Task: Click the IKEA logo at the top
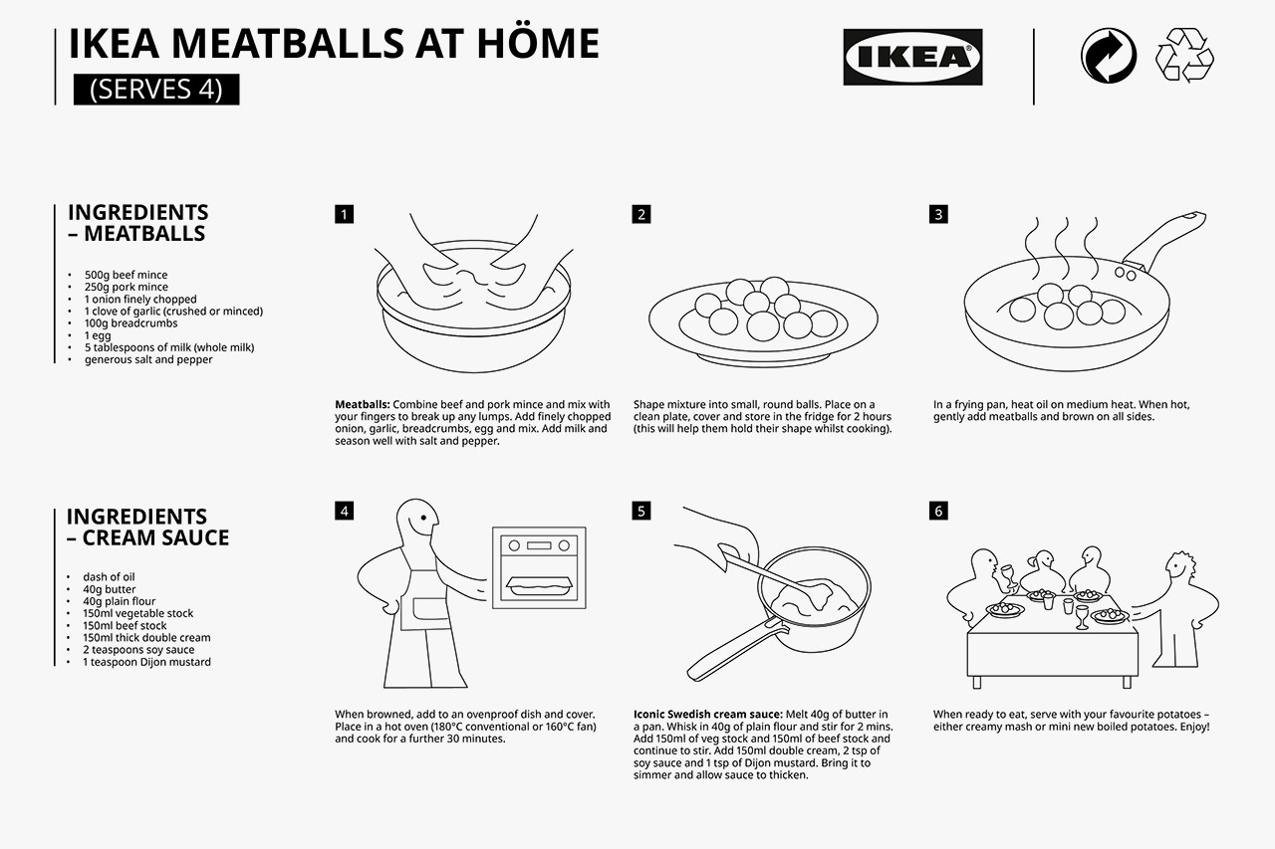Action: (912, 57)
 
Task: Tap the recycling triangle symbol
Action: (1183, 56)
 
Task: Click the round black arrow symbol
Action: (1108, 56)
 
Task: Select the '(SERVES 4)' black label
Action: (156, 90)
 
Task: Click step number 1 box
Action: (344, 214)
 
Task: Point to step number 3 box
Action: (938, 214)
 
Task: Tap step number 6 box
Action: (938, 511)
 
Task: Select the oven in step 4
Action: (539, 567)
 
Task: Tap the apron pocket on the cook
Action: (424, 613)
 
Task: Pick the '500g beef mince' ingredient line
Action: (126, 275)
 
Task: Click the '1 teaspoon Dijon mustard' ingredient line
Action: (146, 662)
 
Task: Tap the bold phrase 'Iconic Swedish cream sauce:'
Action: (707, 715)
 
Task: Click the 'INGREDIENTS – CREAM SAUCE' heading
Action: (147, 527)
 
